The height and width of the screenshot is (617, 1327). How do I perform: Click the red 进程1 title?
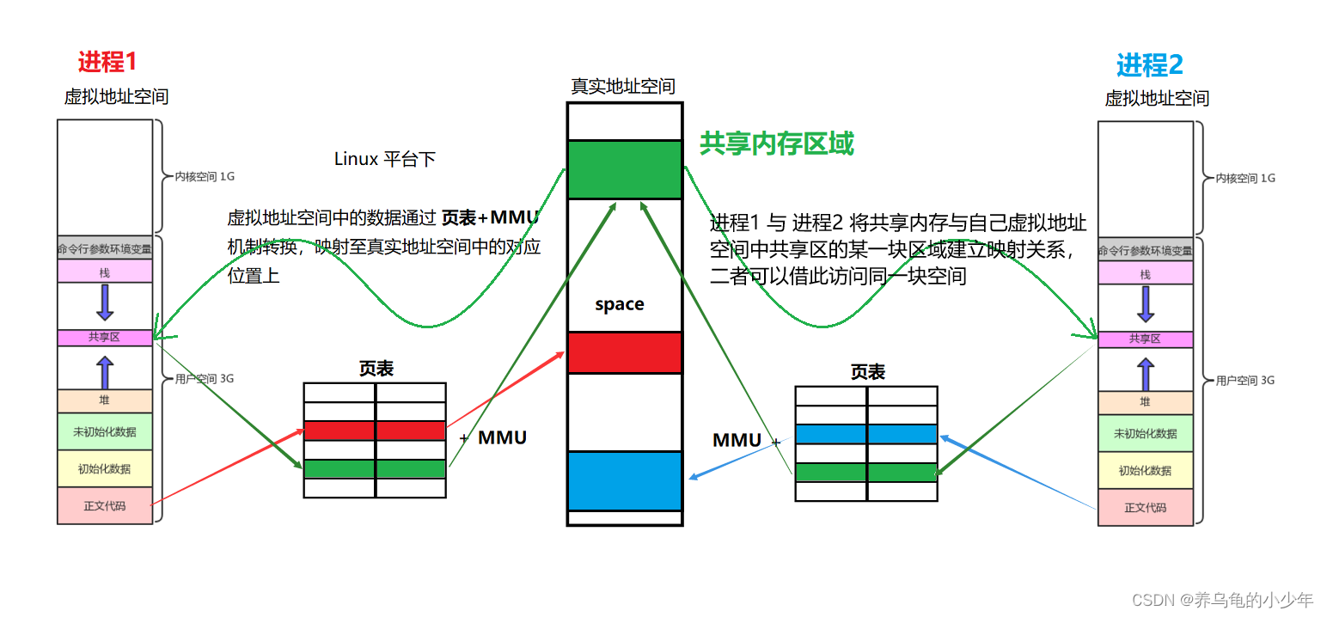point(107,62)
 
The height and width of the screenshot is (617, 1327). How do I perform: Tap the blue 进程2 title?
point(1149,64)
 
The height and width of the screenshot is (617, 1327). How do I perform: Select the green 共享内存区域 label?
point(776,144)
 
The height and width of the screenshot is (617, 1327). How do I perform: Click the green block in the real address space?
point(624,170)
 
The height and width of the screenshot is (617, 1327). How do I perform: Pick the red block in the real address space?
point(624,352)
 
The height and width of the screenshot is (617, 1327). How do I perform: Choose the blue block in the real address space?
point(624,481)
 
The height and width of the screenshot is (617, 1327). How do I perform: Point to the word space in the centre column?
point(619,304)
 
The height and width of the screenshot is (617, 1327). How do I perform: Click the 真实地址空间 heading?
point(623,86)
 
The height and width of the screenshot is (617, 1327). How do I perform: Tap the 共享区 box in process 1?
point(104,338)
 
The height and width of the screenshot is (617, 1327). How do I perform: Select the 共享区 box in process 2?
point(1145,339)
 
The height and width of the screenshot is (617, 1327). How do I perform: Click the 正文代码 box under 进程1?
point(104,505)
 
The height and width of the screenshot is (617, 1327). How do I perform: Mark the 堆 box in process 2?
point(1145,401)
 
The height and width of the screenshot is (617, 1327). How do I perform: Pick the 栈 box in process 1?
point(104,272)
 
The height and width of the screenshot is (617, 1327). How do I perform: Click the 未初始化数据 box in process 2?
point(1145,434)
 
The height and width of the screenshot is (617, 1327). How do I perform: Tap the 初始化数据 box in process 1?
point(104,469)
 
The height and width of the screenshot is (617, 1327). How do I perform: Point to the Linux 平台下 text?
point(384,159)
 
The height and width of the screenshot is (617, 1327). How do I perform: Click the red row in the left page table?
point(375,431)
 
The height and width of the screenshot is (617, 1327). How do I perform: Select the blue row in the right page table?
point(866,435)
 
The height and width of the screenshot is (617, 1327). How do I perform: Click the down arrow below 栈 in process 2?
point(1145,303)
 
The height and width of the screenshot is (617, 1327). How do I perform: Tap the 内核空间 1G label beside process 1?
point(205,176)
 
